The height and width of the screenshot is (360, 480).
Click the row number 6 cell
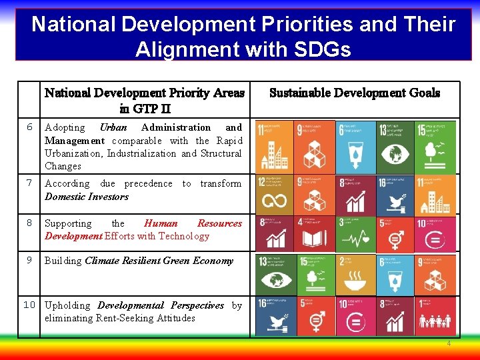tap(29, 127)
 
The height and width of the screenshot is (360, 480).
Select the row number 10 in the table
tap(29, 305)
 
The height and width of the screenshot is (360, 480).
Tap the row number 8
tap(29, 223)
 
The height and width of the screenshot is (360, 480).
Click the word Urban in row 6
tap(113, 127)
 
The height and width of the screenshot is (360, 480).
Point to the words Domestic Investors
tap(87, 197)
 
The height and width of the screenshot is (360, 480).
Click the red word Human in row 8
tap(161, 223)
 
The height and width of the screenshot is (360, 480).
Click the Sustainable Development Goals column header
tap(355, 93)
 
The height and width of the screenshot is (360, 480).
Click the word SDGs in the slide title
tap(317, 49)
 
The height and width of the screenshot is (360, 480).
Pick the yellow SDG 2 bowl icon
tap(356, 275)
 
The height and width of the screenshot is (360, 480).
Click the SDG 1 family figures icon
tap(436, 316)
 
